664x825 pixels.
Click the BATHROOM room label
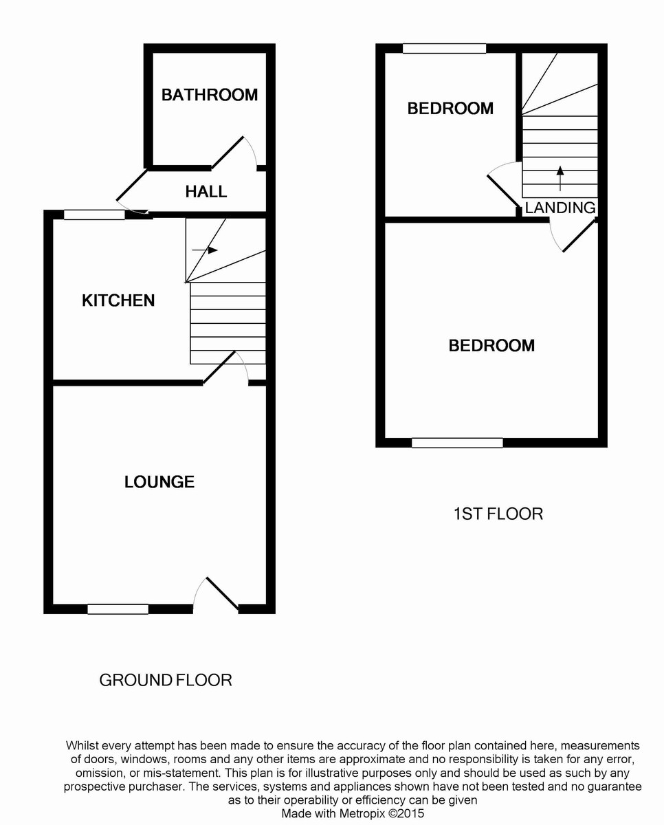[x=210, y=95]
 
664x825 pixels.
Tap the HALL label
[x=206, y=192]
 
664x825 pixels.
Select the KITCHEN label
[x=118, y=300]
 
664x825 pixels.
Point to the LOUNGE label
[x=159, y=482]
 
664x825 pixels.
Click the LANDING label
[x=560, y=208]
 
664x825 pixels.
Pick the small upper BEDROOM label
[x=450, y=109]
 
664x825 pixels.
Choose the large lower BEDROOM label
[x=491, y=346]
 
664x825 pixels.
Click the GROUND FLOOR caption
[x=166, y=681]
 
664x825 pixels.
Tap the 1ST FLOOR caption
[x=498, y=514]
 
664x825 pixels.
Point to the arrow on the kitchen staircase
[x=206, y=250]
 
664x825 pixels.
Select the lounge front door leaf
[x=222, y=593]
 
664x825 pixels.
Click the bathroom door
[x=228, y=153]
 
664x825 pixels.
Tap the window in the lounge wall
[x=118, y=608]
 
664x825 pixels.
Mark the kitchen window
[x=94, y=215]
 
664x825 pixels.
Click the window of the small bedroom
[x=444, y=49]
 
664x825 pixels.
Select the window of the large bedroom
[x=457, y=443]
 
